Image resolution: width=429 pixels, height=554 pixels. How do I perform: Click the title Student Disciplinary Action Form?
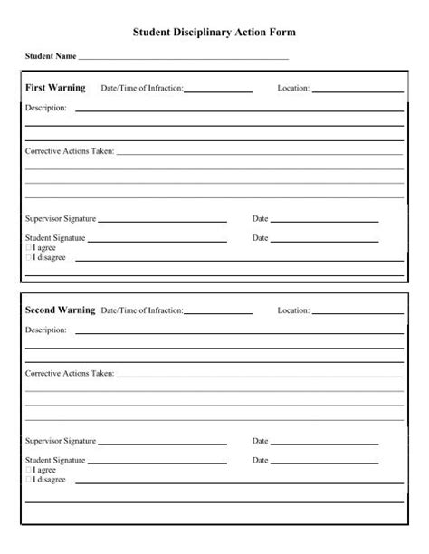(x=214, y=32)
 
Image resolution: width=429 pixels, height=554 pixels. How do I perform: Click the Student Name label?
(x=51, y=57)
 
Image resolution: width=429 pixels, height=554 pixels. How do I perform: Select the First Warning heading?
(x=55, y=88)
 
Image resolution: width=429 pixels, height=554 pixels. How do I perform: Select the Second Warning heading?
(x=60, y=310)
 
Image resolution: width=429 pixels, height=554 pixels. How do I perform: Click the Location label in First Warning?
(x=293, y=89)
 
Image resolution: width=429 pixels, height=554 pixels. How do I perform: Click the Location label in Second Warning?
(x=293, y=310)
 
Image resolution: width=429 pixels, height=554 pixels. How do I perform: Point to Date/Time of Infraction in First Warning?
(x=142, y=89)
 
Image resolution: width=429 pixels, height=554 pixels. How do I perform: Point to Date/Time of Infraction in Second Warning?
(x=142, y=310)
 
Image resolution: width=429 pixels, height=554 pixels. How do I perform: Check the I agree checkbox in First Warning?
(x=28, y=247)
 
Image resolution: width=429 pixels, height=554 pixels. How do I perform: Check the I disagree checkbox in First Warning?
(x=28, y=257)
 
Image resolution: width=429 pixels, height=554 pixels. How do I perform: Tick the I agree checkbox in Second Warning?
(x=28, y=470)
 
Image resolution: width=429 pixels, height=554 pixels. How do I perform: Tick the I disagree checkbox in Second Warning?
(x=28, y=480)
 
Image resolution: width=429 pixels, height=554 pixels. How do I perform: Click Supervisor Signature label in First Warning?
(x=60, y=219)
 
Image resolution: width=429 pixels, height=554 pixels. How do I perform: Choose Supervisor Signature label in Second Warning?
(x=60, y=441)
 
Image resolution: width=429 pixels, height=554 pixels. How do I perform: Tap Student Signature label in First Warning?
(x=54, y=238)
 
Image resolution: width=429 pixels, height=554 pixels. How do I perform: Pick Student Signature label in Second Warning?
(x=54, y=461)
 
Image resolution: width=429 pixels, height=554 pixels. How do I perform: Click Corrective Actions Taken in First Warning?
(x=70, y=151)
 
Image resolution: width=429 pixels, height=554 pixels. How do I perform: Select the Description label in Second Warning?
(x=45, y=330)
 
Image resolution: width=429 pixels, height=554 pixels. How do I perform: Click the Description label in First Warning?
(x=45, y=109)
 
